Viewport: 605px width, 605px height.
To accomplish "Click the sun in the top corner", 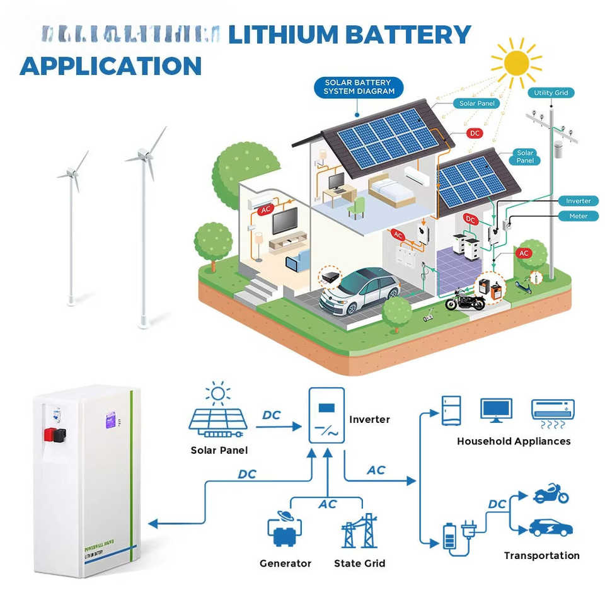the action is [516, 62].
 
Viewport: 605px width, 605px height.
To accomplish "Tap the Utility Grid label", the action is [551, 93].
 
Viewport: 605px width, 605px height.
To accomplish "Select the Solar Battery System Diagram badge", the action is [358, 87].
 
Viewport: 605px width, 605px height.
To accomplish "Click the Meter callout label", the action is [578, 216].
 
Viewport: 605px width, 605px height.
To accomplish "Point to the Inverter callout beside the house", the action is [578, 201].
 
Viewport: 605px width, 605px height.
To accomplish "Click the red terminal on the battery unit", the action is [49, 434].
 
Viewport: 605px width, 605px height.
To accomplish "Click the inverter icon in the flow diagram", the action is [326, 415].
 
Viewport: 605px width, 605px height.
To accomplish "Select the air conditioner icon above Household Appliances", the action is [553, 410].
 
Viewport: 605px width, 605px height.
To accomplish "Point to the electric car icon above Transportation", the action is [551, 527].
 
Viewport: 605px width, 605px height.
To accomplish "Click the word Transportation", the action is [541, 555].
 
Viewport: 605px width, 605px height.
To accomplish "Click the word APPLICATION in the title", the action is [111, 66].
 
